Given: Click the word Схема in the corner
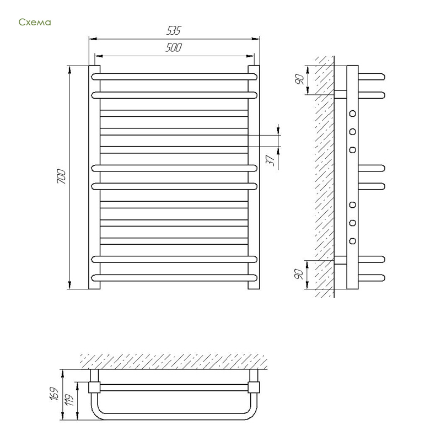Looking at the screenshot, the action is coord(35,22).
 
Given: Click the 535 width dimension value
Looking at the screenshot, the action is coord(174,30).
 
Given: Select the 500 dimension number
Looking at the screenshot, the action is coord(174,47).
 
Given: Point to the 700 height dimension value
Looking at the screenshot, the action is coord(61,176).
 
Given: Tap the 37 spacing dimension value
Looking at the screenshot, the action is coord(270,160).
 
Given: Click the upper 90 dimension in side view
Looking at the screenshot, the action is coord(299,79).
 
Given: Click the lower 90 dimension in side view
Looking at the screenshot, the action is coord(299,274).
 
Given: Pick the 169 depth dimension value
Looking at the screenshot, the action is coord(54,394).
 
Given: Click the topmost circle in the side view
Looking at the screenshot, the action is coord(352,114).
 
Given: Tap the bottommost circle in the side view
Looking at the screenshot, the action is coord(352,241).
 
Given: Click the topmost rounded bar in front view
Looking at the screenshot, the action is coord(174,77).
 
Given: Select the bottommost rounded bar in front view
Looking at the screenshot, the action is coord(174,278).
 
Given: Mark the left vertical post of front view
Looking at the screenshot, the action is coord(94,177).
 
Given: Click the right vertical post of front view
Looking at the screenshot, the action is coord(254,177).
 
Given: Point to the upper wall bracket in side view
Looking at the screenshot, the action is coord(340,94).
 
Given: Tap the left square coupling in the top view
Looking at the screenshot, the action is coord(94,388).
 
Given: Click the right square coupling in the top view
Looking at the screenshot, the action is coord(254,388).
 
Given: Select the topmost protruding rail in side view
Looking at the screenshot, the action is coord(372,77).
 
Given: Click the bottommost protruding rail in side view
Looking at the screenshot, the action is coord(372,278).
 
